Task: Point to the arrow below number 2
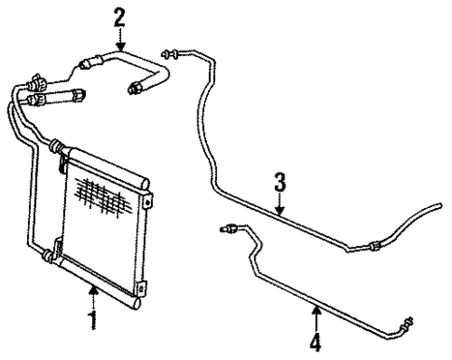(x=119, y=39)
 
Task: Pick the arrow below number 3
(x=279, y=203)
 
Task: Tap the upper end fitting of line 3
(x=169, y=52)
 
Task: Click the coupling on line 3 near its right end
(x=372, y=245)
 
